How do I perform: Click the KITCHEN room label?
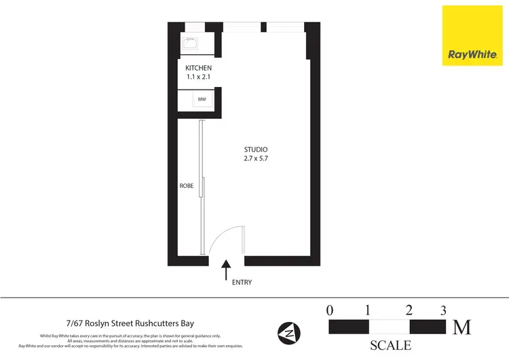199,69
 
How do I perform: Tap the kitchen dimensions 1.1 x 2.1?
199,78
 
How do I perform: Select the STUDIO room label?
256,149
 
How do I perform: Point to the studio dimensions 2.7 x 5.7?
256,158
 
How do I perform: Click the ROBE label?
187,185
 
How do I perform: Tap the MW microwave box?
202,100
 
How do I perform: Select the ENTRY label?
242,282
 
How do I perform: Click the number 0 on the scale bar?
330,310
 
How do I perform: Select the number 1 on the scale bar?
368,310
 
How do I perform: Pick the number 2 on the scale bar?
409,310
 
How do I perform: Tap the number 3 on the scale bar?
443,310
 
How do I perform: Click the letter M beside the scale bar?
462,327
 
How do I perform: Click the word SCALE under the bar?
390,344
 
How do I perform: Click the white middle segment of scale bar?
389,327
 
